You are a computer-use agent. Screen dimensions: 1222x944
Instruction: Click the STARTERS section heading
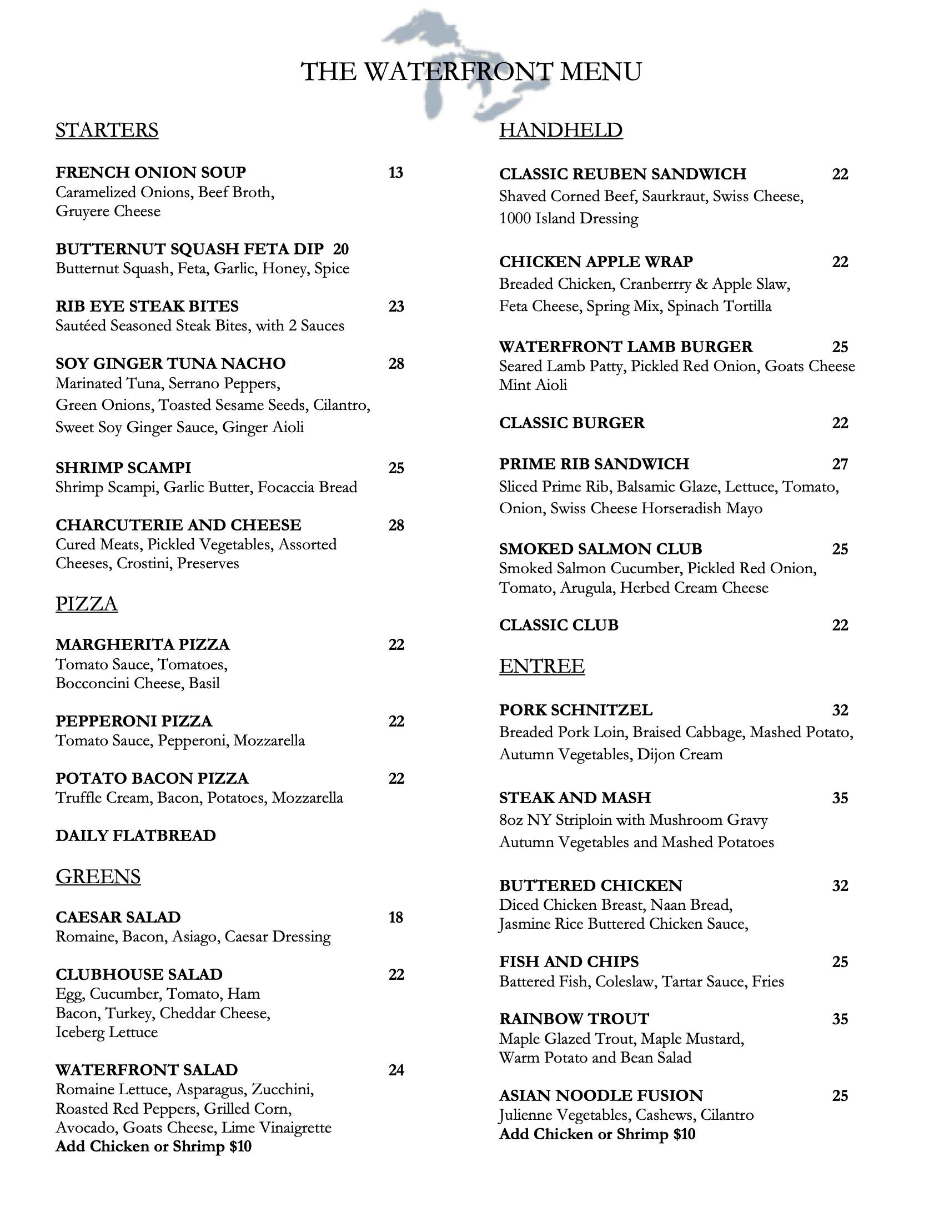point(107,130)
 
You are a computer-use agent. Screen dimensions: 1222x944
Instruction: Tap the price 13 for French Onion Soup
point(395,172)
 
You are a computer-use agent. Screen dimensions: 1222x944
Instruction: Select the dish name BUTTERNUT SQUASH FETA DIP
point(189,248)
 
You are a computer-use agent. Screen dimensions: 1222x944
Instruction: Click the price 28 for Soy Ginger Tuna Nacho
point(396,364)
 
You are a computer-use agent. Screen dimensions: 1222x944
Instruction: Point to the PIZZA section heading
point(87,604)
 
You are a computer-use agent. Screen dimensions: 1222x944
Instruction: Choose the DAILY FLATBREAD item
point(135,835)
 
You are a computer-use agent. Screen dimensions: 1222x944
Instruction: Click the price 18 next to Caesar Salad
point(395,917)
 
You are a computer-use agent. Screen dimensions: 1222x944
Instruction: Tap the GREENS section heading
point(98,876)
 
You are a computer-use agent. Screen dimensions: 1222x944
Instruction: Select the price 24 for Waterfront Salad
point(396,1070)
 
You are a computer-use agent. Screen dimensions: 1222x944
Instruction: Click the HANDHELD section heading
point(561,130)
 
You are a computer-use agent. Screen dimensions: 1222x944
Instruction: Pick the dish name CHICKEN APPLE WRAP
point(596,262)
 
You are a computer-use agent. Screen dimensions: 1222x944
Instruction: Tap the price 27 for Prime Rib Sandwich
point(840,464)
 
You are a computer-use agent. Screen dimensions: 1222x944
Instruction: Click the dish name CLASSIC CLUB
point(559,625)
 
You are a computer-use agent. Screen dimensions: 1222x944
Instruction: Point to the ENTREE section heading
point(542,666)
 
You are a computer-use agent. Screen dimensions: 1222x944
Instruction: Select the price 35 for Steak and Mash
point(840,798)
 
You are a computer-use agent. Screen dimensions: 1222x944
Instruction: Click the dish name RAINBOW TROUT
point(574,1019)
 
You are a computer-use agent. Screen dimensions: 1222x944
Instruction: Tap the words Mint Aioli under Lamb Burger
point(533,385)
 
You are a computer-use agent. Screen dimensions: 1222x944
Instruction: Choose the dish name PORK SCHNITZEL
point(575,710)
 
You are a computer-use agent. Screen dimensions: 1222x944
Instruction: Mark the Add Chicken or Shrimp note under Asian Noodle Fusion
point(597,1134)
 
